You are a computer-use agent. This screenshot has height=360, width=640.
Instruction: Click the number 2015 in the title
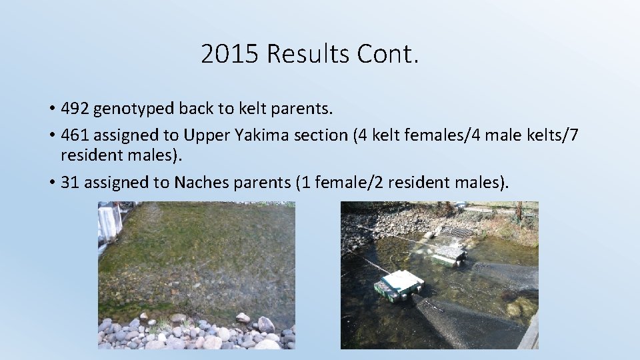click(x=229, y=54)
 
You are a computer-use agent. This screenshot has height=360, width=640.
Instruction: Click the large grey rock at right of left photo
click(x=265, y=325)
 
